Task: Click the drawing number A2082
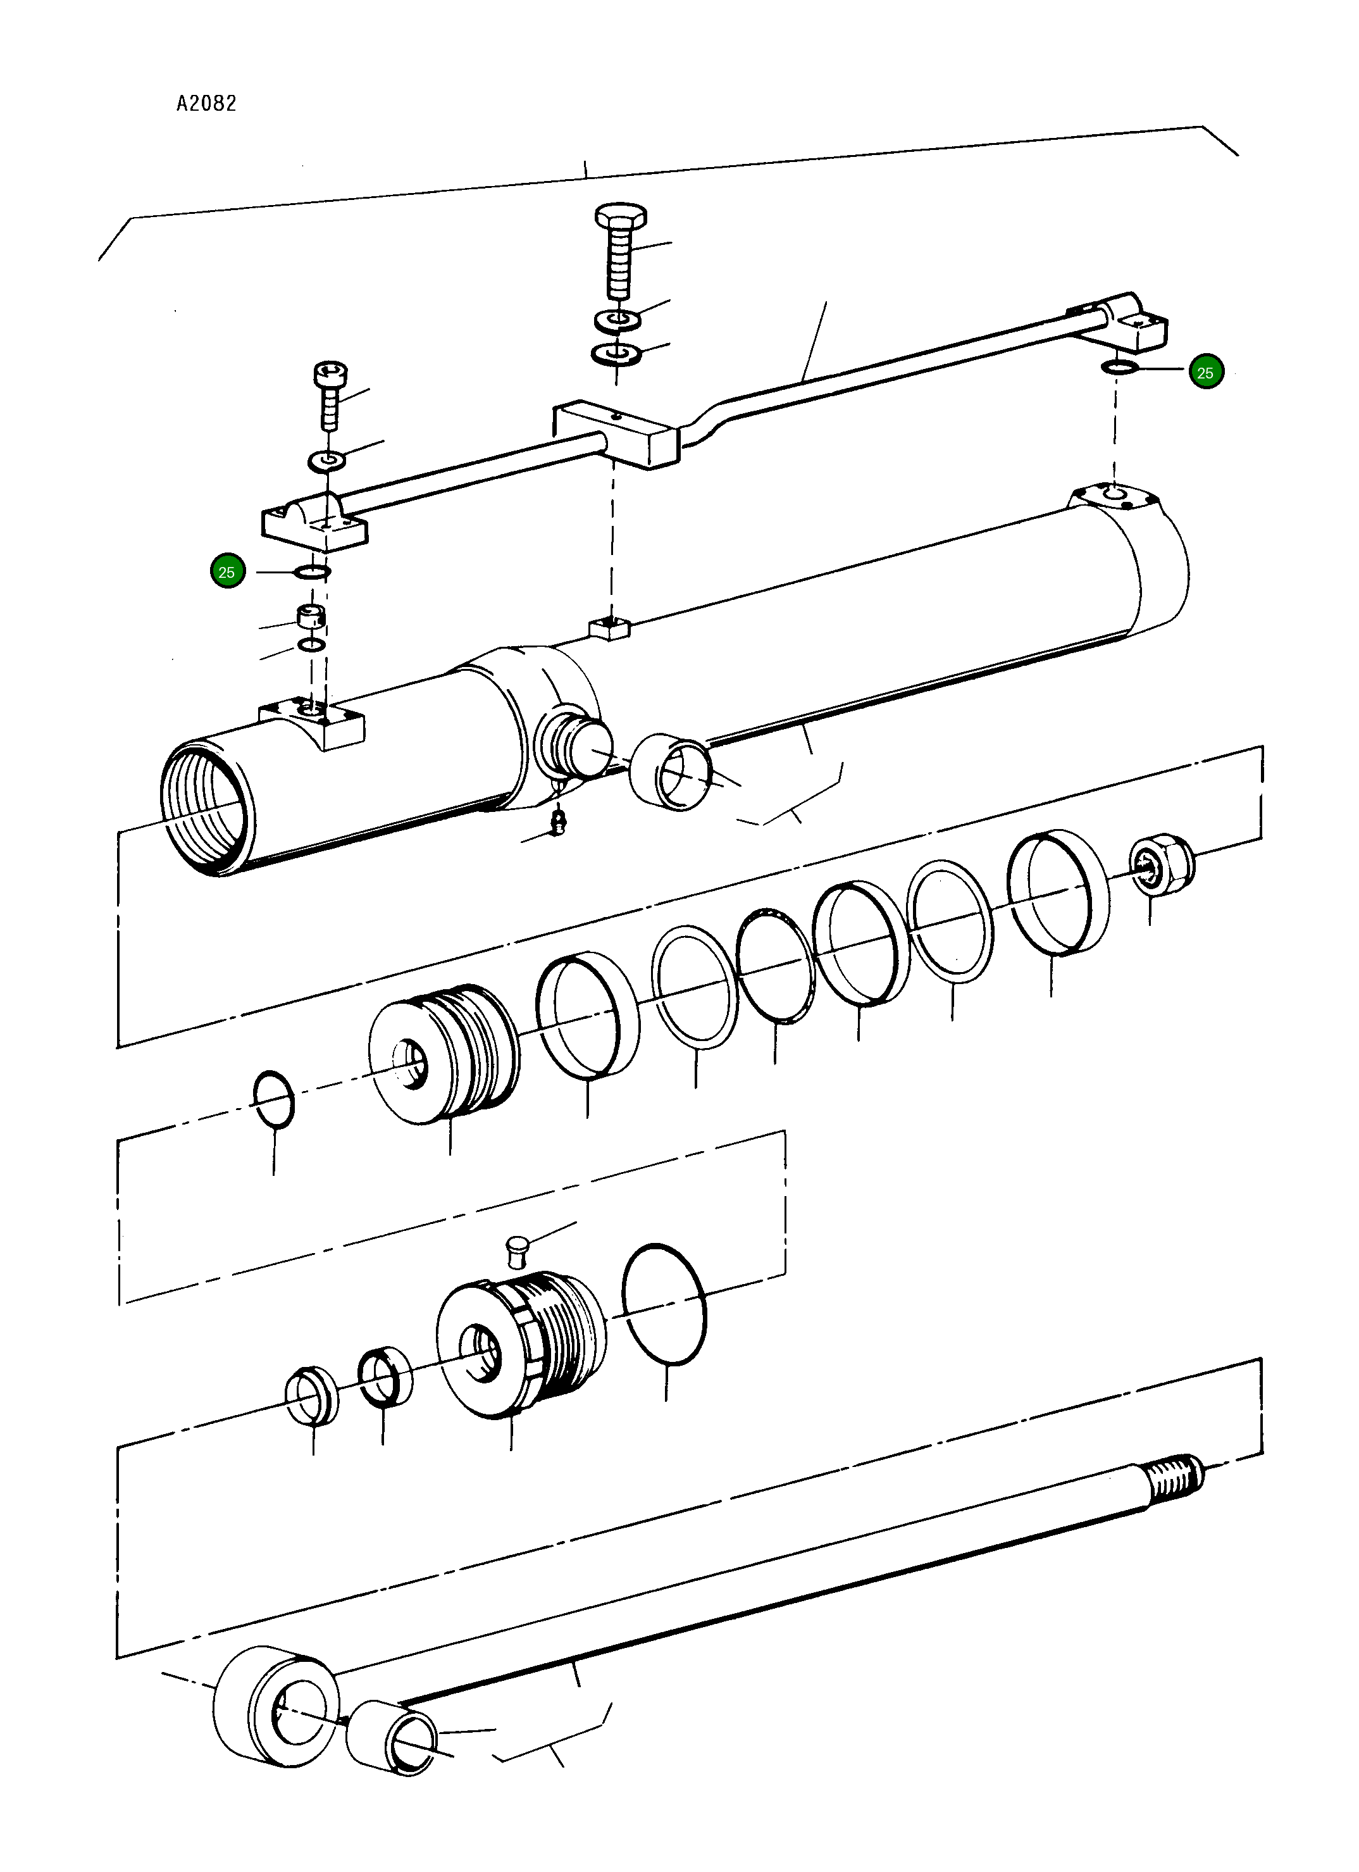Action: [206, 103]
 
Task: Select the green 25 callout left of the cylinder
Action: [227, 572]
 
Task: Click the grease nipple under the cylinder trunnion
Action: [559, 822]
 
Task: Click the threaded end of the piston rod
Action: [1172, 1478]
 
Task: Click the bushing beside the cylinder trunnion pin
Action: [670, 771]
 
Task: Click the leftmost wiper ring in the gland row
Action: [312, 1395]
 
